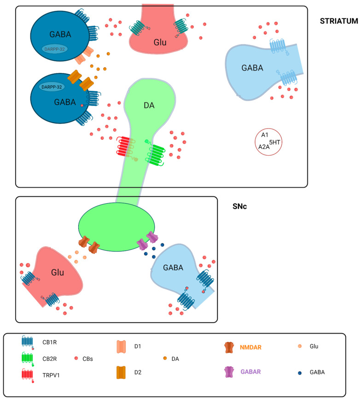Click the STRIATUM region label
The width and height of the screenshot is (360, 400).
(339, 21)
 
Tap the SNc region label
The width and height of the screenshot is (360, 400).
(241, 207)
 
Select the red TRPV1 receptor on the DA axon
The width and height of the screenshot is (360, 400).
(125, 148)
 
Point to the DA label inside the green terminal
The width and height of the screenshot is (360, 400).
(149, 106)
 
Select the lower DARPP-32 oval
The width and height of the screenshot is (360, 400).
(52, 86)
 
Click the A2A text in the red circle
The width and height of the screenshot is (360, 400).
(264, 147)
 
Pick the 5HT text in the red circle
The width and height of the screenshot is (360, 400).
(274, 142)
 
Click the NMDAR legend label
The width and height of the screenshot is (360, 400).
(250, 345)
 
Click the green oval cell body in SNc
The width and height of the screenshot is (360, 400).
(115, 225)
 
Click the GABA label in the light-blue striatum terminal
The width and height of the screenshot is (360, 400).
(252, 68)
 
